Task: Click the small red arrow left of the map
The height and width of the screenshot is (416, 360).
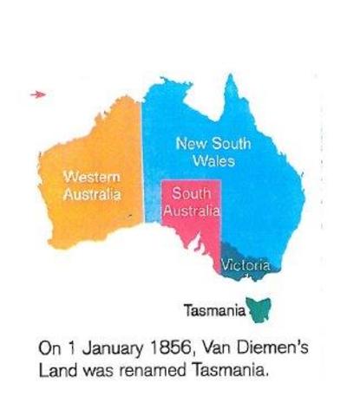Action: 36,94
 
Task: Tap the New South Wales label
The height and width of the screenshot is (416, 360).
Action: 213,152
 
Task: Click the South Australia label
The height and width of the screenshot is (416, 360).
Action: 193,201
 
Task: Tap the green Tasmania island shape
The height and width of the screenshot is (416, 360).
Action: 258,306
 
